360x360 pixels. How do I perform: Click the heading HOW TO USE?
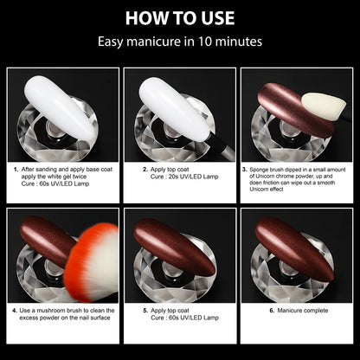coord(180,16)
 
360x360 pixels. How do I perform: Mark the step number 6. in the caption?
coord(272,310)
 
